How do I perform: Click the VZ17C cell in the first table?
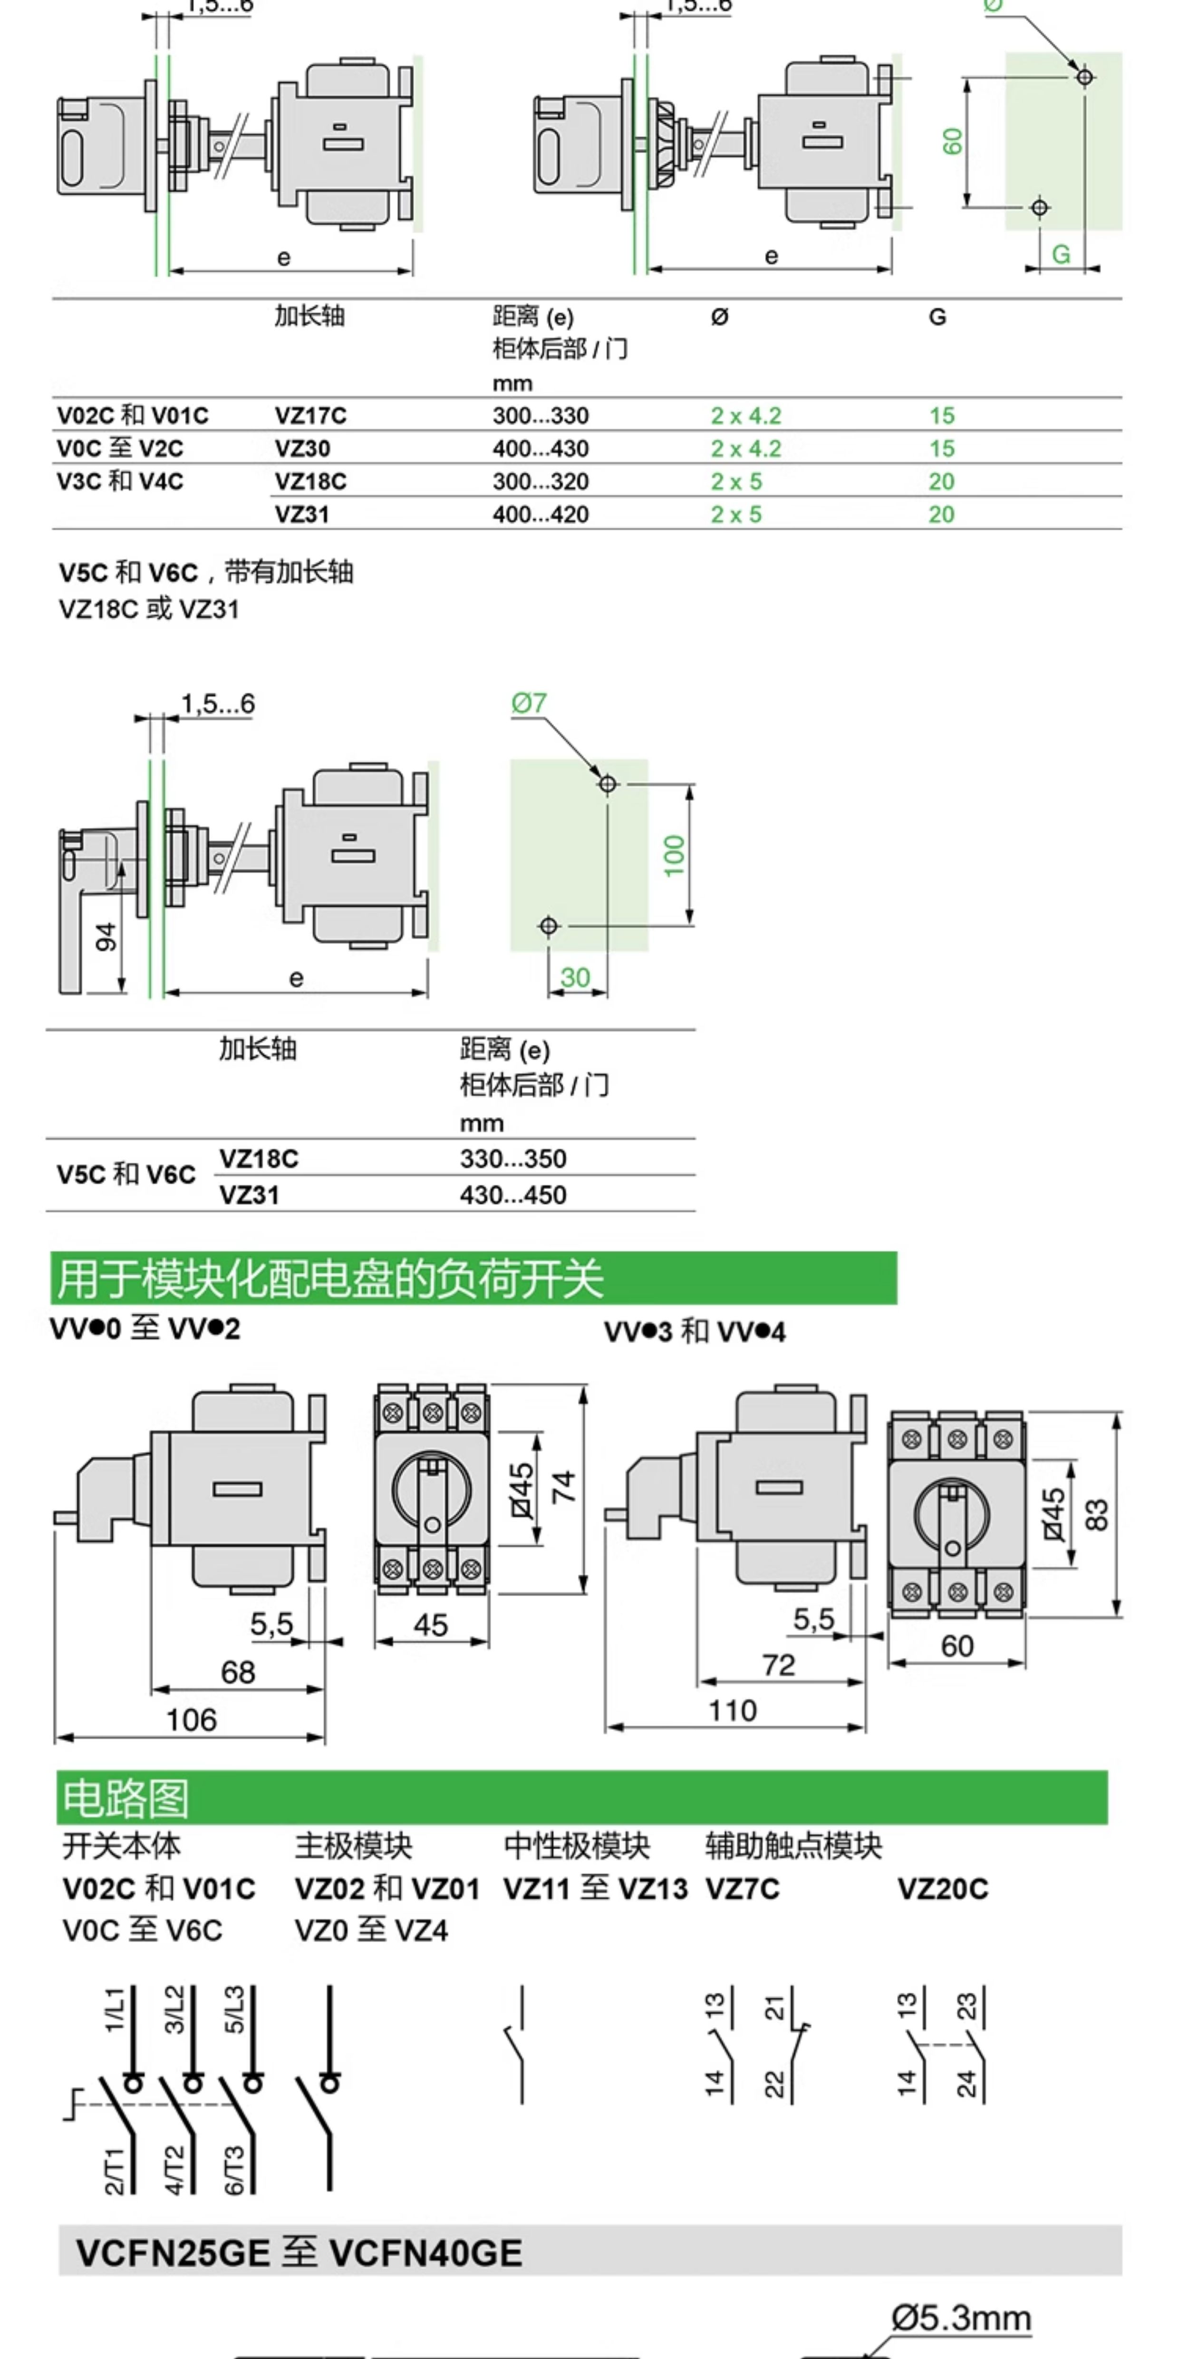(310, 416)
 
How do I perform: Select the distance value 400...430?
(540, 448)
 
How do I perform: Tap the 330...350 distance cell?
(512, 1159)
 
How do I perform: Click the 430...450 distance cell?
(512, 1195)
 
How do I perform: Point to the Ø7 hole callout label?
(529, 703)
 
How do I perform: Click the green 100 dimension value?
(674, 855)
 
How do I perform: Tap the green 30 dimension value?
(575, 977)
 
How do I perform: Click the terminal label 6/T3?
(234, 2170)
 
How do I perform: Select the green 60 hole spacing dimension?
(953, 141)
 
